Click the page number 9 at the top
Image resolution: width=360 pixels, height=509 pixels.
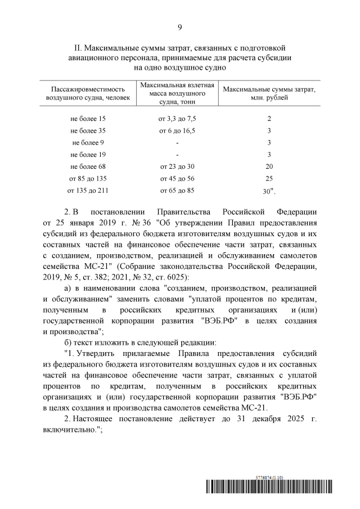pos(179,27)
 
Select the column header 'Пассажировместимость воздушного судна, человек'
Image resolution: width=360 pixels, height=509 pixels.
pos(87,93)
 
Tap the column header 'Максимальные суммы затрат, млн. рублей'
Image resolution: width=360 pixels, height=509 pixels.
pos(269,93)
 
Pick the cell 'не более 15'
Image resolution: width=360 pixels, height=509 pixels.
pos(88,119)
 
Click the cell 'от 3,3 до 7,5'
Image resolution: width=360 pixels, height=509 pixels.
pos(177,119)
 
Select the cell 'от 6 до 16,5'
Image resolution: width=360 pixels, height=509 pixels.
pos(177,130)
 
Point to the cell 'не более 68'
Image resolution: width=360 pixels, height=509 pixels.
pos(88,166)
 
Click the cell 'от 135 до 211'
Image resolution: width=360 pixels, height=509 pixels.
pos(88,190)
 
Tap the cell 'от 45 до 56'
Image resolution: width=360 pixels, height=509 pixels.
pos(177,178)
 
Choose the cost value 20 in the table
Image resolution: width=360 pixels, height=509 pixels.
pos(269,166)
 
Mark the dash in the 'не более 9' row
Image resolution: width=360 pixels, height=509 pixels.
pos(177,143)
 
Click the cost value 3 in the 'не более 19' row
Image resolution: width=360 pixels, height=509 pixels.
pos(269,155)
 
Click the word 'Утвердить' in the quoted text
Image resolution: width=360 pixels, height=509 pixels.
pos(96,353)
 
